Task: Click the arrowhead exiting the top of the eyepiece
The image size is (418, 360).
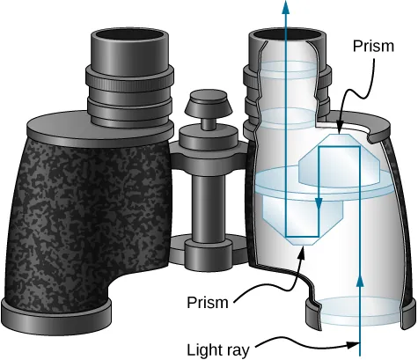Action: click(x=285, y=7)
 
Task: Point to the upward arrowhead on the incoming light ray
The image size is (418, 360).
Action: click(x=361, y=281)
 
